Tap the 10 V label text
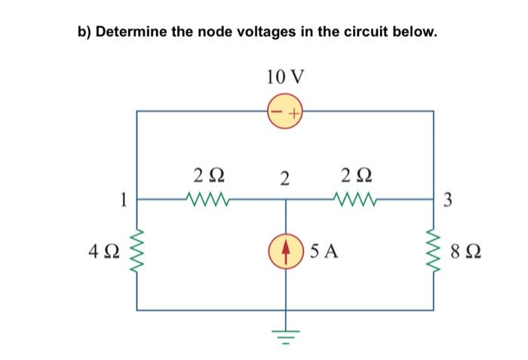pos(285,76)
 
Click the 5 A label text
pos(323,249)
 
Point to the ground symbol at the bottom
pos(285,333)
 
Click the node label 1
pos(121,200)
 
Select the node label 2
pos(284,179)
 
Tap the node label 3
pos(448,200)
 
